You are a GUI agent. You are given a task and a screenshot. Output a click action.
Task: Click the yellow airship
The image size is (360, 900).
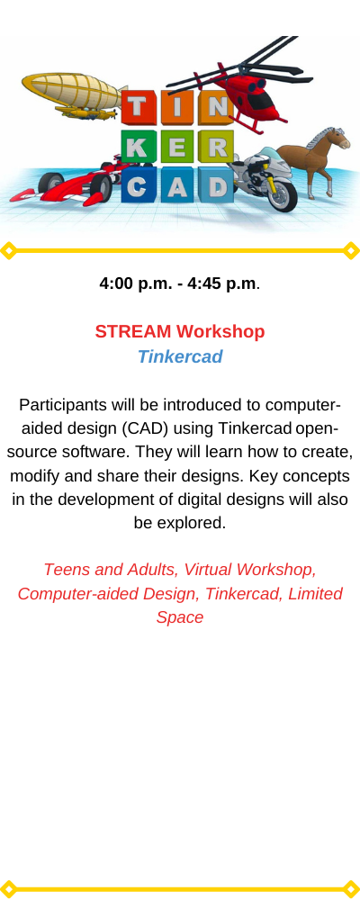pos(72,94)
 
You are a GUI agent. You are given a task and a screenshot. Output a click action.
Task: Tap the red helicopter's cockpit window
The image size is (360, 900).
pos(262,100)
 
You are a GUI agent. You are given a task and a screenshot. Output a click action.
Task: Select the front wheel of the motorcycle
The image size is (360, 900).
pos(282,195)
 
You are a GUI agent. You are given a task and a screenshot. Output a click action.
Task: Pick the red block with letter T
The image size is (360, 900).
pos(139,108)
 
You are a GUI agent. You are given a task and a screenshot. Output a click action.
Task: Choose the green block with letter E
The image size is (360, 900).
pos(177,147)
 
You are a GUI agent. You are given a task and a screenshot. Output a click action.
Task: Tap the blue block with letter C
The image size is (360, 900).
pos(139,185)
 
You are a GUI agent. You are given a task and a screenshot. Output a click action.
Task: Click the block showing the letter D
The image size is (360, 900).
pos(216,185)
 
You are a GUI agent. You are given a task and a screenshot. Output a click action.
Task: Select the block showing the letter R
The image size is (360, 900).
pos(216,147)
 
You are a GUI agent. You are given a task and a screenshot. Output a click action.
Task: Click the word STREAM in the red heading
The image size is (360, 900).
pos(133,332)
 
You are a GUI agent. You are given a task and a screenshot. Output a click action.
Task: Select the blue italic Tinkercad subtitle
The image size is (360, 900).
pos(180,357)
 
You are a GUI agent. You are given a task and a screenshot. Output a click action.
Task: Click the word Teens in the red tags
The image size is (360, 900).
pos(63,570)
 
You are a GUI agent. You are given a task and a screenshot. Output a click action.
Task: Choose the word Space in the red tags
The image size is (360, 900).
pos(180,617)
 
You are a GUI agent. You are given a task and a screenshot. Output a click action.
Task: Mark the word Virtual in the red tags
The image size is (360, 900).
pos(208,570)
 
